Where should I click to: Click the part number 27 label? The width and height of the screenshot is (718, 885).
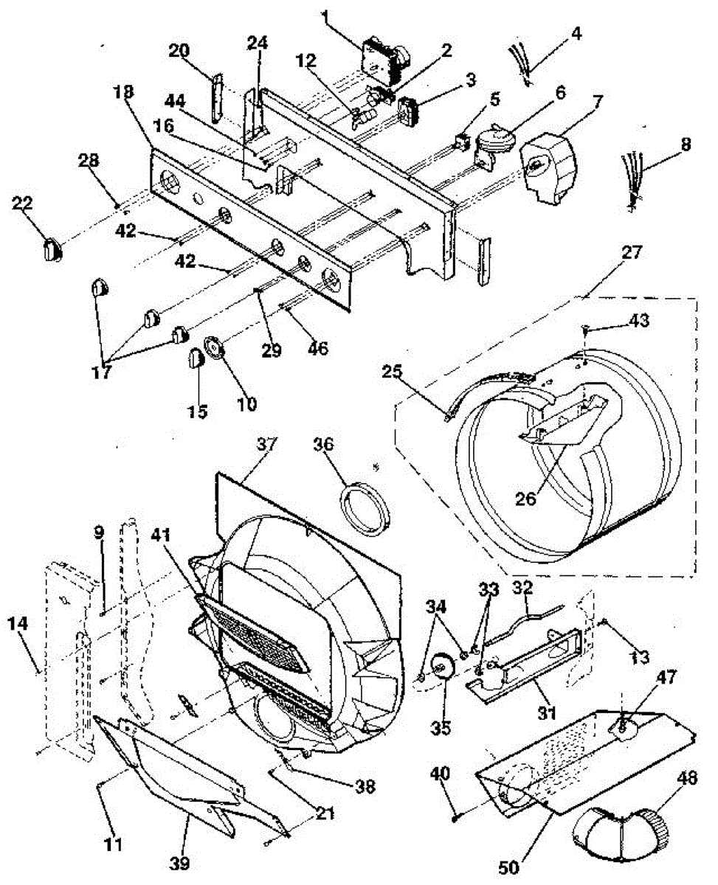click(631, 252)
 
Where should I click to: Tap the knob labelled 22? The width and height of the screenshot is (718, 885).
click(52, 249)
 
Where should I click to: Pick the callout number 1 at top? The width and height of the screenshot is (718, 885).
click(325, 17)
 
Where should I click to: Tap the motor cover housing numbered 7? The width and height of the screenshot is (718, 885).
click(550, 168)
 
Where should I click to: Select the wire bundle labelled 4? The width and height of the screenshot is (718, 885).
click(519, 63)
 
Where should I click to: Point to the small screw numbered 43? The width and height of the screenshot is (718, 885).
click(585, 330)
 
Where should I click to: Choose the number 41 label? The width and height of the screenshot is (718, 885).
click(161, 535)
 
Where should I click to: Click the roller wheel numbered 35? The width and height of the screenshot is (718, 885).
click(441, 667)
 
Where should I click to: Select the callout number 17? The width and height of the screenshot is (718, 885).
click(102, 372)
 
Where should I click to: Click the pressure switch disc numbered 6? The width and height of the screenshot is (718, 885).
click(493, 146)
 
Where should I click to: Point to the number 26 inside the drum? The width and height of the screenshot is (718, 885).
click(525, 498)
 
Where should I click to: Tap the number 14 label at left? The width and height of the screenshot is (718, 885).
click(18, 623)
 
